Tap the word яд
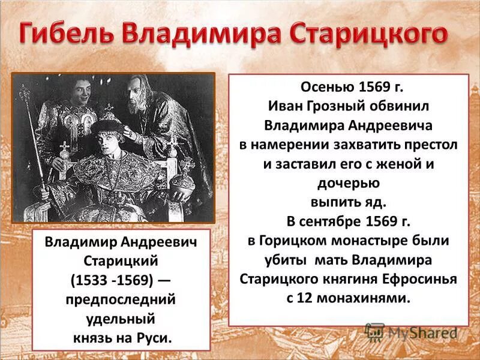374,202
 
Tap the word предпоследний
121,299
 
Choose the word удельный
121,317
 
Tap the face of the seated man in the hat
112,139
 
